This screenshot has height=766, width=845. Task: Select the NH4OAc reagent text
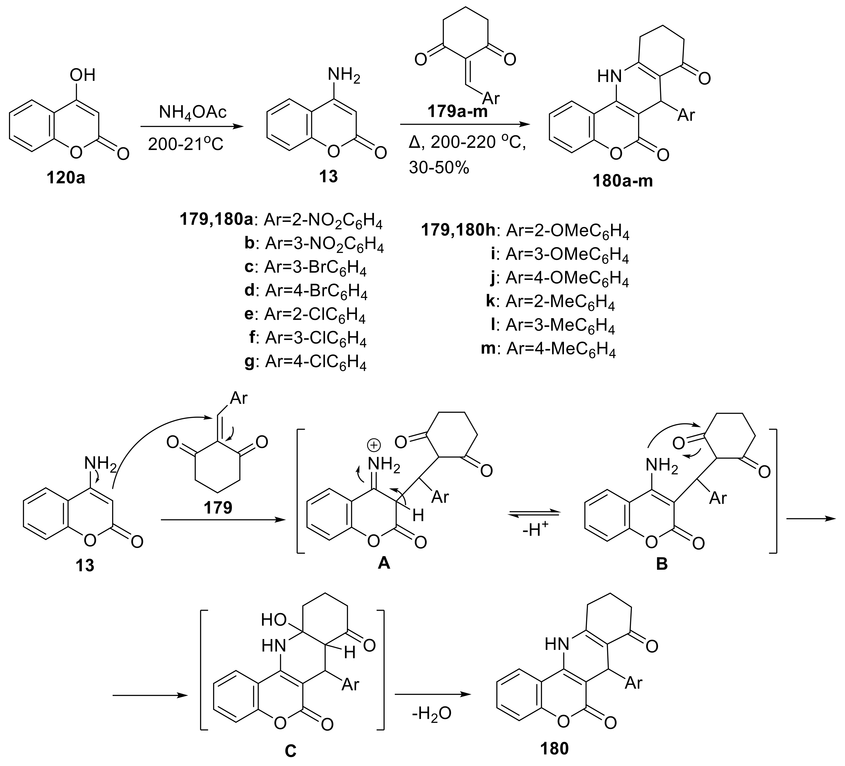click(x=192, y=112)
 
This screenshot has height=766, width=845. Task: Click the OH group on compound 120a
click(x=83, y=75)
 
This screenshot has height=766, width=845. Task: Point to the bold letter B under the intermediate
click(x=661, y=564)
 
